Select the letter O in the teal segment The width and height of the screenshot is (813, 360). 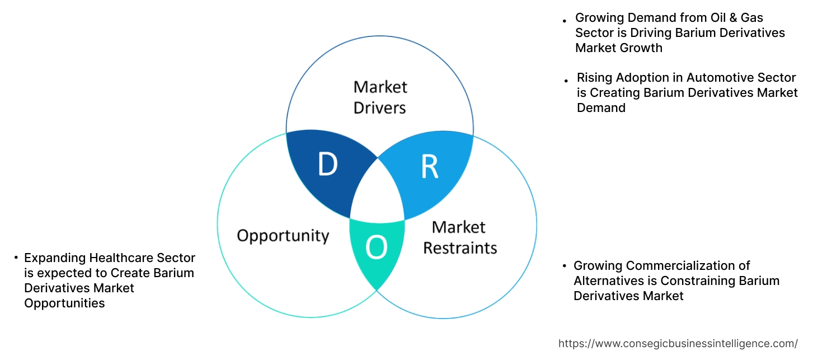pyautogui.click(x=376, y=247)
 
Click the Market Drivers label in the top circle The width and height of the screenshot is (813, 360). pyautogui.click(x=380, y=97)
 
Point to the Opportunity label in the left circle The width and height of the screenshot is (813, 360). pyautogui.click(x=283, y=235)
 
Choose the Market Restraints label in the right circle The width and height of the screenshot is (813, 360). pyautogui.click(x=459, y=237)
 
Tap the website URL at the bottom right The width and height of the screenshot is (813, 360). pyautogui.click(x=678, y=343)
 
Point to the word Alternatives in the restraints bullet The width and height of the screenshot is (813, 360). pyautogui.click(x=608, y=280)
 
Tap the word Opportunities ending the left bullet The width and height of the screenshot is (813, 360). pyautogui.click(x=64, y=303)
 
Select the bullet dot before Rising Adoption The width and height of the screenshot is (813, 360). pyautogui.click(x=566, y=81)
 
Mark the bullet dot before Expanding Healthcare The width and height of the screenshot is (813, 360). pyautogui.click(x=16, y=258)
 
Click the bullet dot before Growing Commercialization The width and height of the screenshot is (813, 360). pyautogui.click(x=564, y=265)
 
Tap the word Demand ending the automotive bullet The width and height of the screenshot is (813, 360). pyautogui.click(x=601, y=108)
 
